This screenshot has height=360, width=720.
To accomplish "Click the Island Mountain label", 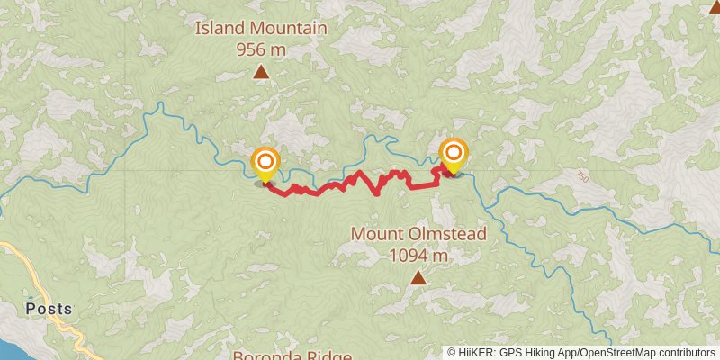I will tap(261, 29).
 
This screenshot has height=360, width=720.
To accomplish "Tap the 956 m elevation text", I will tap(261, 49).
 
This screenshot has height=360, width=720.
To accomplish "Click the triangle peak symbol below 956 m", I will tap(261, 72).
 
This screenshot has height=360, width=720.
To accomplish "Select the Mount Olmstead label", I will tap(418, 234).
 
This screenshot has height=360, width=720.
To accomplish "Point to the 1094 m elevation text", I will tap(418, 255).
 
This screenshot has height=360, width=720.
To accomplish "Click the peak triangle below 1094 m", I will tap(418, 278).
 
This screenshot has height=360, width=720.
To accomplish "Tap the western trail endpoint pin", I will tap(265, 164).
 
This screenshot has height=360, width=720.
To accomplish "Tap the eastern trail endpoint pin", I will tap(453, 155).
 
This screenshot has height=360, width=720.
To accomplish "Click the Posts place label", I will tap(49, 309).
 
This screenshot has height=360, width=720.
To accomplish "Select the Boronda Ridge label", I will tap(292, 355).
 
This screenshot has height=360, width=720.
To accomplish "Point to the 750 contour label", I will tap(582, 179).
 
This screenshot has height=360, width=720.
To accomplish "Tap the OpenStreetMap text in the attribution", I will tap(612, 353).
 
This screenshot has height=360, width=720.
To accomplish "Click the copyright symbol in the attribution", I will tap(452, 353).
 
